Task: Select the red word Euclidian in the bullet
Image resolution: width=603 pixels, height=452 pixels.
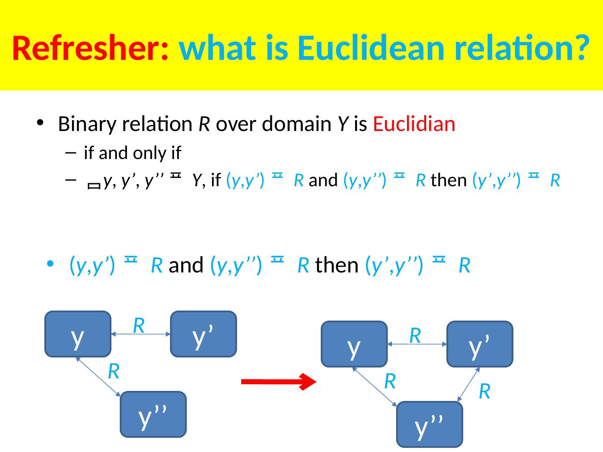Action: [414, 124]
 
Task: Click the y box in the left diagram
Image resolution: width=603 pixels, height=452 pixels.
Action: [77, 334]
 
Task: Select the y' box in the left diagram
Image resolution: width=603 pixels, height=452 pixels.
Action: [204, 334]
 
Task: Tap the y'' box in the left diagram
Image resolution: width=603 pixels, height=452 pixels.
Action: [153, 414]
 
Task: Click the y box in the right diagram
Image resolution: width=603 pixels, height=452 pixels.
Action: [354, 344]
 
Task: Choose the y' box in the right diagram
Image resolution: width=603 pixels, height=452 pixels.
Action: [480, 344]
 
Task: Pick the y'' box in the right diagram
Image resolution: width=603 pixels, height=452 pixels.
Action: [429, 424]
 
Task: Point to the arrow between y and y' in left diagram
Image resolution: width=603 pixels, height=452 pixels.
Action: [141, 334]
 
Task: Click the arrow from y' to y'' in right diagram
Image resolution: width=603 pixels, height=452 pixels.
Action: [468, 385]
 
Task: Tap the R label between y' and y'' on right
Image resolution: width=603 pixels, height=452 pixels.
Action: [484, 391]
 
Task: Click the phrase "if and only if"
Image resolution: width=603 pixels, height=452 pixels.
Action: [132, 154]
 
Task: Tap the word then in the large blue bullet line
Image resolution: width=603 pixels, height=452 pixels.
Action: [337, 265]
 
